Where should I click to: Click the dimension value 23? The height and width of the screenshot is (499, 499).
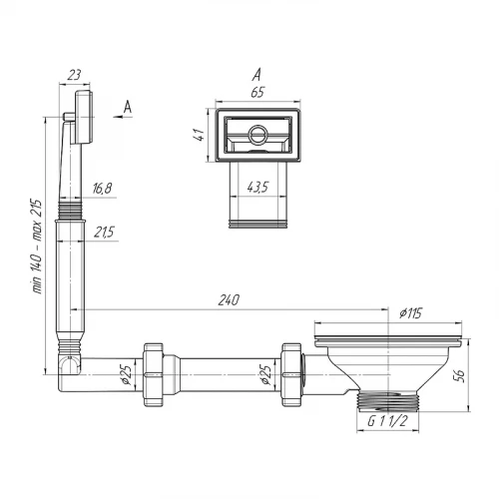click(74, 75)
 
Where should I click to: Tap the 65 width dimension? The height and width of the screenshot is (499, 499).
click(257, 92)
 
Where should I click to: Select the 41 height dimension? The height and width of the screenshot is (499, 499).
click(200, 135)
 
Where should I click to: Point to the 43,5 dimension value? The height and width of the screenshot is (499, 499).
click(257, 188)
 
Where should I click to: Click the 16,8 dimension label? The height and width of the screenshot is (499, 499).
click(102, 189)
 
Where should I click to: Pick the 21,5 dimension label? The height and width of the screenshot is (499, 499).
click(104, 232)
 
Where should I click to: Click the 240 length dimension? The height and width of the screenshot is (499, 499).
click(229, 300)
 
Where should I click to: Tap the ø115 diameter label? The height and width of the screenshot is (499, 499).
click(410, 313)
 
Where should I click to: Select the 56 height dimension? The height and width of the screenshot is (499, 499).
click(460, 376)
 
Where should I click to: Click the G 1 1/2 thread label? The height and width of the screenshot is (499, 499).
click(387, 421)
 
